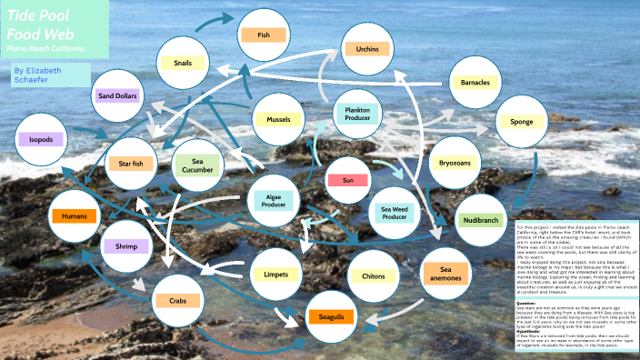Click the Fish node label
(x=264, y=35)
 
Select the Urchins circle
(x=367, y=48)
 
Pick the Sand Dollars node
(x=117, y=95)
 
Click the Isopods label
(x=41, y=140)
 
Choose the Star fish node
(x=125, y=164)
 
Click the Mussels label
(x=278, y=119)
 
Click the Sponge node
(x=522, y=121)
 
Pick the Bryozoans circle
(x=455, y=163)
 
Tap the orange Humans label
(x=75, y=216)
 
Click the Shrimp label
(x=125, y=246)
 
